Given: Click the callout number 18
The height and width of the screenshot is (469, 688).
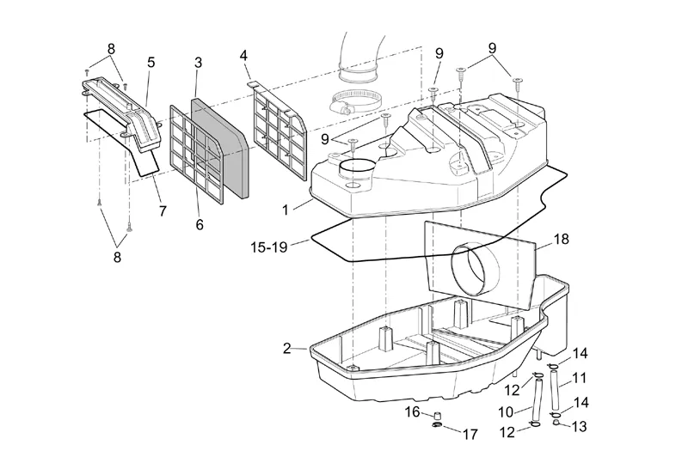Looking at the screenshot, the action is point(562,240).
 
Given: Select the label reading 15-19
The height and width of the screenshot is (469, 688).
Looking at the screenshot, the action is point(269,247).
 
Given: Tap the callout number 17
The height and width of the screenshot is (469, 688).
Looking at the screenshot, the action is point(470,435).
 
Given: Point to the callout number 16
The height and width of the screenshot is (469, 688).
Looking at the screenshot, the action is point(413,412).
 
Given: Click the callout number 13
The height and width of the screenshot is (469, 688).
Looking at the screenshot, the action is point(579,427).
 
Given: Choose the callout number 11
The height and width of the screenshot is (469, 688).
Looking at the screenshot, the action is point(580,378).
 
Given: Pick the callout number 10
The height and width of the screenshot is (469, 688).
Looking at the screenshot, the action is point(506,412).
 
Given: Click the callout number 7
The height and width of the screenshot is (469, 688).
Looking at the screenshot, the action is point(163,211).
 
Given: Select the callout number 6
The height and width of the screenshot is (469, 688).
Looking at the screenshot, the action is point(200,225).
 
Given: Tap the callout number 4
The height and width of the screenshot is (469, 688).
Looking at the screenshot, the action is point(243,56).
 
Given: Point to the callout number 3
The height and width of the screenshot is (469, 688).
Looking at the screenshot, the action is point(199,63).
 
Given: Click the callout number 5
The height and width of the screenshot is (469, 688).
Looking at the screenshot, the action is point(151,62).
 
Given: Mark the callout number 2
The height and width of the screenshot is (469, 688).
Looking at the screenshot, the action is point(287,349).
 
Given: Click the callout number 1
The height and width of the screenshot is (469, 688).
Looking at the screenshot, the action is point(286,210).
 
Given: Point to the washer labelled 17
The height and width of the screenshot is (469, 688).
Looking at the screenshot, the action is point(437,425).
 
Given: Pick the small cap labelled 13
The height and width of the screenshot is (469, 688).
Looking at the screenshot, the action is point(556,422).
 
